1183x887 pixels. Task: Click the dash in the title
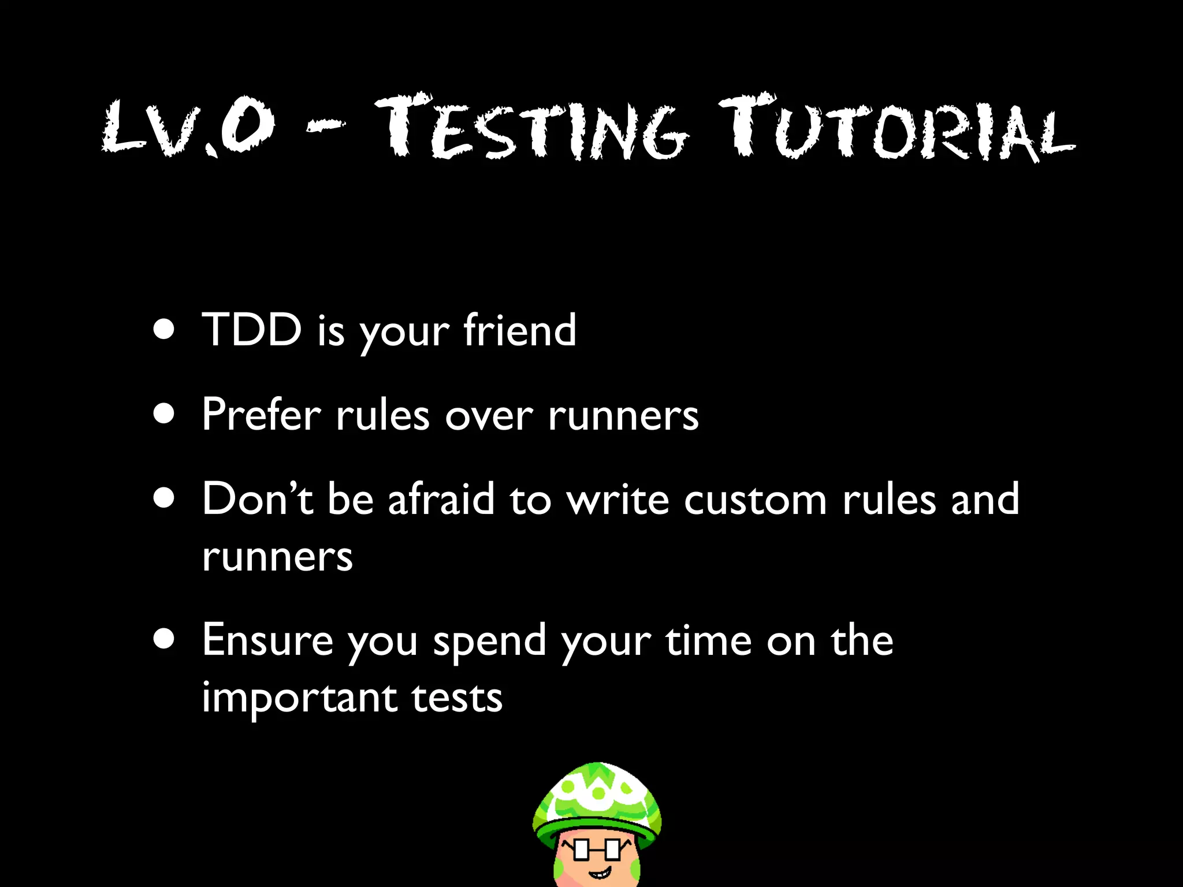(325, 126)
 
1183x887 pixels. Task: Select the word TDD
(252, 330)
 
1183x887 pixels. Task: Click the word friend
(519, 330)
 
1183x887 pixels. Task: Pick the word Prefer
(261, 415)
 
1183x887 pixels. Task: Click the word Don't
(258, 499)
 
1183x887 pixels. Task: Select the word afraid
(441, 499)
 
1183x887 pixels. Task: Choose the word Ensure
(267, 641)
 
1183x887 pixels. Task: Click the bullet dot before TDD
(165, 330)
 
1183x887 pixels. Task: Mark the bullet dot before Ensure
(165, 640)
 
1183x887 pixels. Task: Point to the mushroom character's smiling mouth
(598, 871)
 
